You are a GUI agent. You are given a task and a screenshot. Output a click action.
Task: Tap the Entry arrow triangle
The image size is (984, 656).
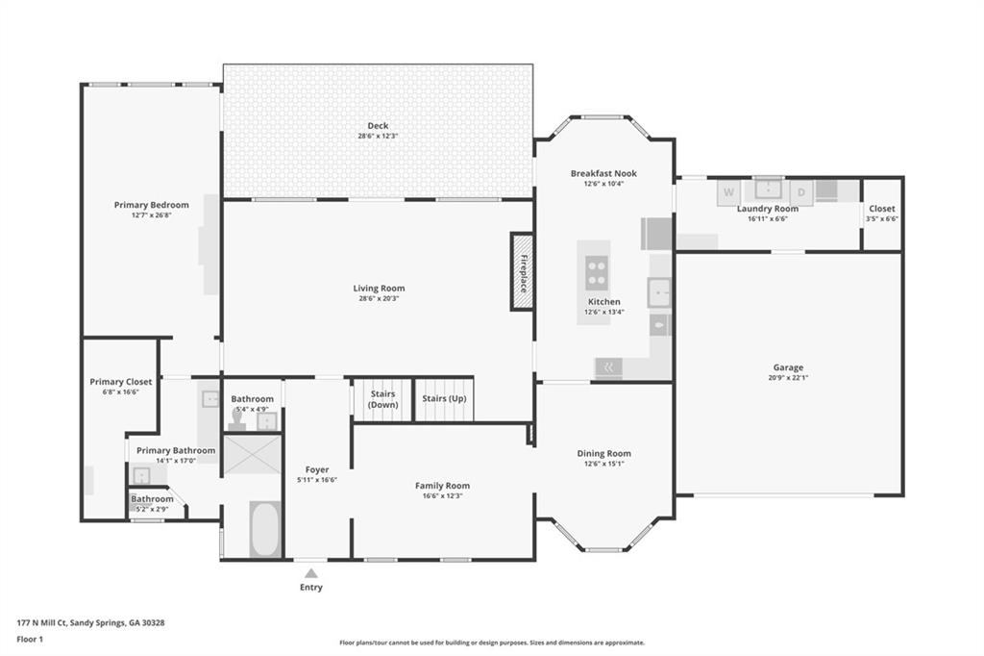(310, 573)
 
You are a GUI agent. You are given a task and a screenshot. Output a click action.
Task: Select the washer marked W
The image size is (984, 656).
(728, 191)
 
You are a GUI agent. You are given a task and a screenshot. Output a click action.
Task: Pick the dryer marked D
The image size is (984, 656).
(801, 191)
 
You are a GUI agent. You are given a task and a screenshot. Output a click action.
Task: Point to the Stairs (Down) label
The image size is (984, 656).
(383, 399)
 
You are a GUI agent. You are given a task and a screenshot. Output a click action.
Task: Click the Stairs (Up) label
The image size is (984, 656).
(444, 399)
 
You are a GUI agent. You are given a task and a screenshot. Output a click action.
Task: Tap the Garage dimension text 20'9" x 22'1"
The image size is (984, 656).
(788, 378)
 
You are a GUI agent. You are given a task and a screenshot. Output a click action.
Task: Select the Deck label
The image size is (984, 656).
(378, 125)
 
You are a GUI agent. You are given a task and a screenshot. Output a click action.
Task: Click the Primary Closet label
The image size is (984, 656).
(121, 382)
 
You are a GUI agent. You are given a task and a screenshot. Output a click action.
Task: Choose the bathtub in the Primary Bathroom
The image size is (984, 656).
(265, 529)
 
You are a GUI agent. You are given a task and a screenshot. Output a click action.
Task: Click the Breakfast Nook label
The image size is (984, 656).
(603, 173)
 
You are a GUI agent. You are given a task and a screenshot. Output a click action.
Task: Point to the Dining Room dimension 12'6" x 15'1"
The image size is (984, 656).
(603, 464)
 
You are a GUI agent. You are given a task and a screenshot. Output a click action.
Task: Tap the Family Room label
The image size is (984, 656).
(442, 486)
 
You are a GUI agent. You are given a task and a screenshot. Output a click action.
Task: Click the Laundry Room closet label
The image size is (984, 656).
(881, 209)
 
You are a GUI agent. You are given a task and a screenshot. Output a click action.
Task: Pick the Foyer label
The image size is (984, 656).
(317, 469)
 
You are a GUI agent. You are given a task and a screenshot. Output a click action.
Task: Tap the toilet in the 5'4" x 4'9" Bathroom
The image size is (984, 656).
(236, 421)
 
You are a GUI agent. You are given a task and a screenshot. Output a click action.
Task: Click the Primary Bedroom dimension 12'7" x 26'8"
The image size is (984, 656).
(151, 215)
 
